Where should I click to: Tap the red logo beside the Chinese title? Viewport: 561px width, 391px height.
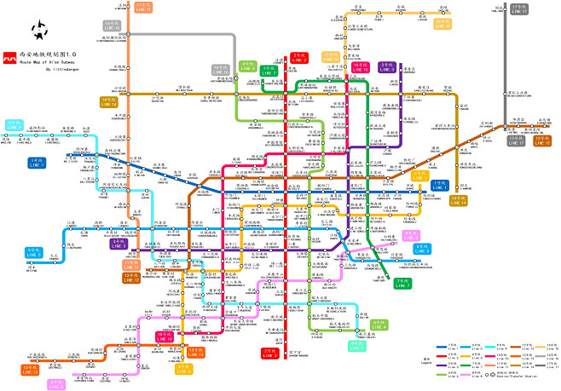coord(9,53)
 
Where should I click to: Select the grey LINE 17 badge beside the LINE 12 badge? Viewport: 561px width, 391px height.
coord(519,140)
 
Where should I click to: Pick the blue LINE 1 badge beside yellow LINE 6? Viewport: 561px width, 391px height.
coord(439,183)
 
